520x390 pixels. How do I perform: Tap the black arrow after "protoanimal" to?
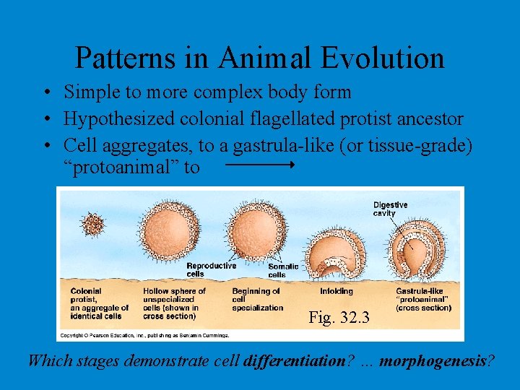point(259,165)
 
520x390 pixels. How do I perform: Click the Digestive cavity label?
point(390,209)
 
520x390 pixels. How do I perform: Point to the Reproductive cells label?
point(211,269)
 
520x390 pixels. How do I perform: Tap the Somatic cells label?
point(282,270)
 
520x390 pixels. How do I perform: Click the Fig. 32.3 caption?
point(339,317)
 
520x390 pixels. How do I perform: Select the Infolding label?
point(336,292)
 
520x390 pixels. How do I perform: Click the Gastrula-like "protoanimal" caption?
point(423,300)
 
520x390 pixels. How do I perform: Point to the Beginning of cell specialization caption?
point(257,300)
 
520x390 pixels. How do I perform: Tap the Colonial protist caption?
point(100,303)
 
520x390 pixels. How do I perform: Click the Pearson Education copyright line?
point(144,335)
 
